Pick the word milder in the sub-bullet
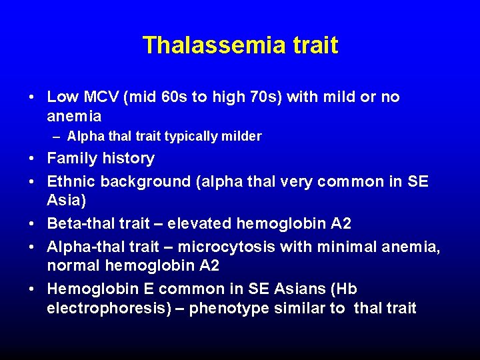pos(242,137)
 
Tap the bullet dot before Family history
pos(33,159)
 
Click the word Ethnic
pos(71,181)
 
